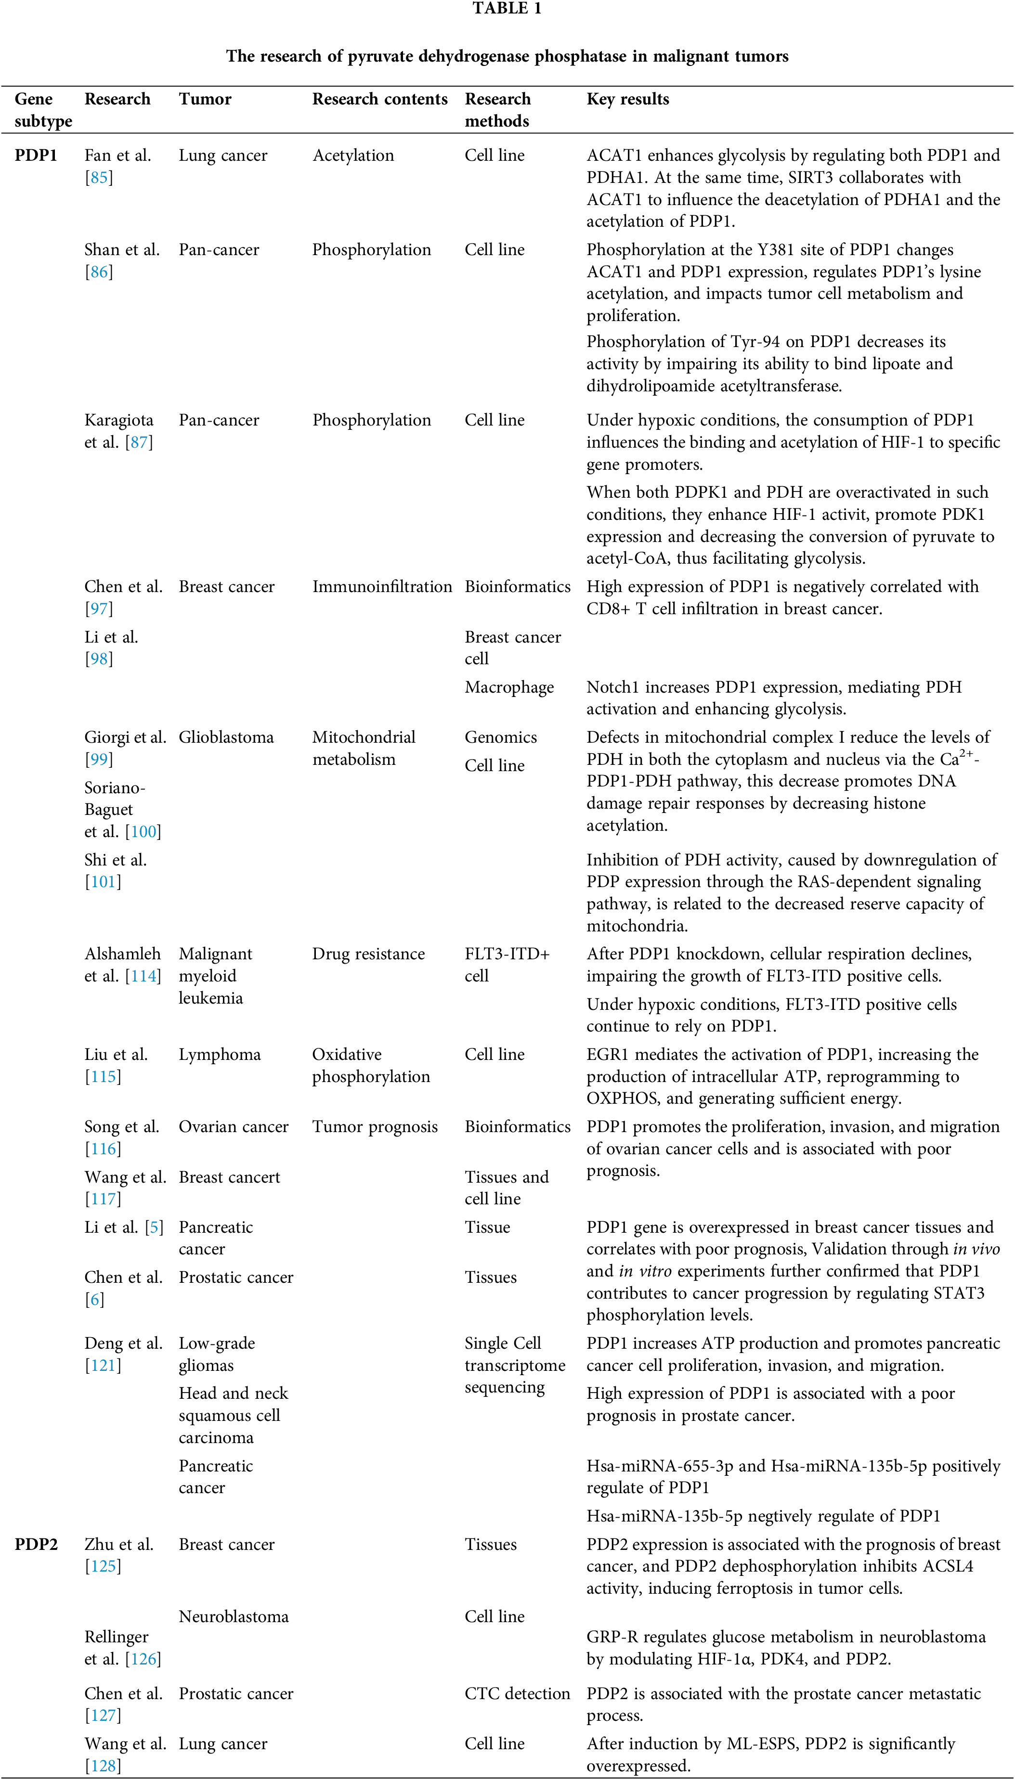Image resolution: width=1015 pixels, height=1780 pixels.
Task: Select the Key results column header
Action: coord(627,99)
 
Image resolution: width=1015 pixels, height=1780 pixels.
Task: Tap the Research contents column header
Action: coord(379,99)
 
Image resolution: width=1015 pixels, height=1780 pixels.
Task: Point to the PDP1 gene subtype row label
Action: coord(36,155)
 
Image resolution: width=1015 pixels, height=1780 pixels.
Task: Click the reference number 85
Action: coord(99,178)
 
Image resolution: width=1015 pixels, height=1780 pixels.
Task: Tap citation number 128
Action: coord(103,1766)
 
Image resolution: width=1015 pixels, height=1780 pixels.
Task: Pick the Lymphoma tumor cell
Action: coord(220,1054)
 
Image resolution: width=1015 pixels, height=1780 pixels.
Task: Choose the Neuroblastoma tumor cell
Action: coord(234,1616)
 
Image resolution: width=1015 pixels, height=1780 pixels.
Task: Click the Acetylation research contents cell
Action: coord(353,155)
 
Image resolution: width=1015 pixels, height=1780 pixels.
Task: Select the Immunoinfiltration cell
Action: coord(382,587)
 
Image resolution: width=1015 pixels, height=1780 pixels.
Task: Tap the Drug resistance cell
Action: coord(368,954)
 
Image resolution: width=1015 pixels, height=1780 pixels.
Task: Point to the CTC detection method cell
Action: coord(517,1694)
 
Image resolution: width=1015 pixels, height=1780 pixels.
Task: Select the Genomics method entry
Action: coord(501,737)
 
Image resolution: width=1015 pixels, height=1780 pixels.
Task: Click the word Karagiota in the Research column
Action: coord(118,420)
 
